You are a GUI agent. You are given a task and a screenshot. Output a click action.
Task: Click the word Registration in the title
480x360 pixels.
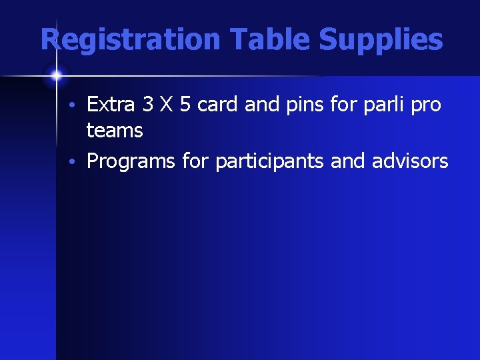129,40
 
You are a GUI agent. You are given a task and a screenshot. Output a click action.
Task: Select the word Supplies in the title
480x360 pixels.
381,40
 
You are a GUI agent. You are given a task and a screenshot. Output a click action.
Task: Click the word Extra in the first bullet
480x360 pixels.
111,105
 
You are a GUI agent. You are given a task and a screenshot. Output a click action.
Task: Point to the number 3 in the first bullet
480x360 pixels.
148,105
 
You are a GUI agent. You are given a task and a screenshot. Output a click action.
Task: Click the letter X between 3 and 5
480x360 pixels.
167,105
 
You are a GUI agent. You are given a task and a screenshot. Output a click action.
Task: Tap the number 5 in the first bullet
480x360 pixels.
185,105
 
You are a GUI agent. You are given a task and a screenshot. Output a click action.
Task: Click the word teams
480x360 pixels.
115,131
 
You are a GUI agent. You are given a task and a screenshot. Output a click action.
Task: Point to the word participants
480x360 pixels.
269,162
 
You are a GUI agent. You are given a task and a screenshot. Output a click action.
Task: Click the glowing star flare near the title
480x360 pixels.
56,75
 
